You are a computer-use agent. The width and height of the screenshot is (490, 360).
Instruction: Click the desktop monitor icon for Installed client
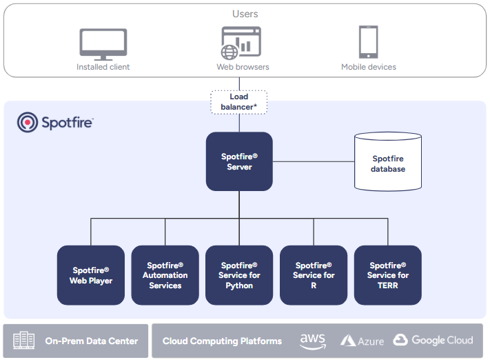(103, 43)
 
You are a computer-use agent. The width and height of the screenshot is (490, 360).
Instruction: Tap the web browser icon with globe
(241, 43)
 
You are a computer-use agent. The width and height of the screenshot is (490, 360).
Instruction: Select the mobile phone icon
(368, 43)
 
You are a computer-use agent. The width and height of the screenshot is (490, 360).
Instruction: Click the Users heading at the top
(245, 14)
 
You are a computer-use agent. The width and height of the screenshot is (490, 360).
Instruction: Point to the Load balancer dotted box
(238, 102)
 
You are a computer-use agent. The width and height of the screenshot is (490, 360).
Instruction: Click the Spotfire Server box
(239, 161)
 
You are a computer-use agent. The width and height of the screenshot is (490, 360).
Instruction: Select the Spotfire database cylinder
(387, 162)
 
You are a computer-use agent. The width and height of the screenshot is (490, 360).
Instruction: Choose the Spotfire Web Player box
(91, 275)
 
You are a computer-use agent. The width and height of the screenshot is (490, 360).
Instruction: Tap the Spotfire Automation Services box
(165, 275)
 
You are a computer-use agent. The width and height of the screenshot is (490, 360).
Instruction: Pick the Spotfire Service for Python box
(239, 275)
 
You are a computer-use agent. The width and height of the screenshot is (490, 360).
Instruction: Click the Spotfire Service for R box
(313, 275)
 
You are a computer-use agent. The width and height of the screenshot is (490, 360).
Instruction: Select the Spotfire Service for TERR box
(387, 275)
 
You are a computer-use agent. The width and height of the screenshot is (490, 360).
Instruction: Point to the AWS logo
(312, 341)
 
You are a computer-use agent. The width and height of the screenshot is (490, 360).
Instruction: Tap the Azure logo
(363, 341)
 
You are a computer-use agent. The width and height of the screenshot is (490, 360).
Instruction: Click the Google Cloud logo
(433, 340)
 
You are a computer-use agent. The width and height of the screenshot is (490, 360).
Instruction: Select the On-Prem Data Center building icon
(23, 341)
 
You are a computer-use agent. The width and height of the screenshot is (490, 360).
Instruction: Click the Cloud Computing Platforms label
(222, 341)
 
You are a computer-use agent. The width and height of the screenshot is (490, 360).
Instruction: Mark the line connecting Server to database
(313, 162)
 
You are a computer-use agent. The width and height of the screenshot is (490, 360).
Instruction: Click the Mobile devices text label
(368, 67)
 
